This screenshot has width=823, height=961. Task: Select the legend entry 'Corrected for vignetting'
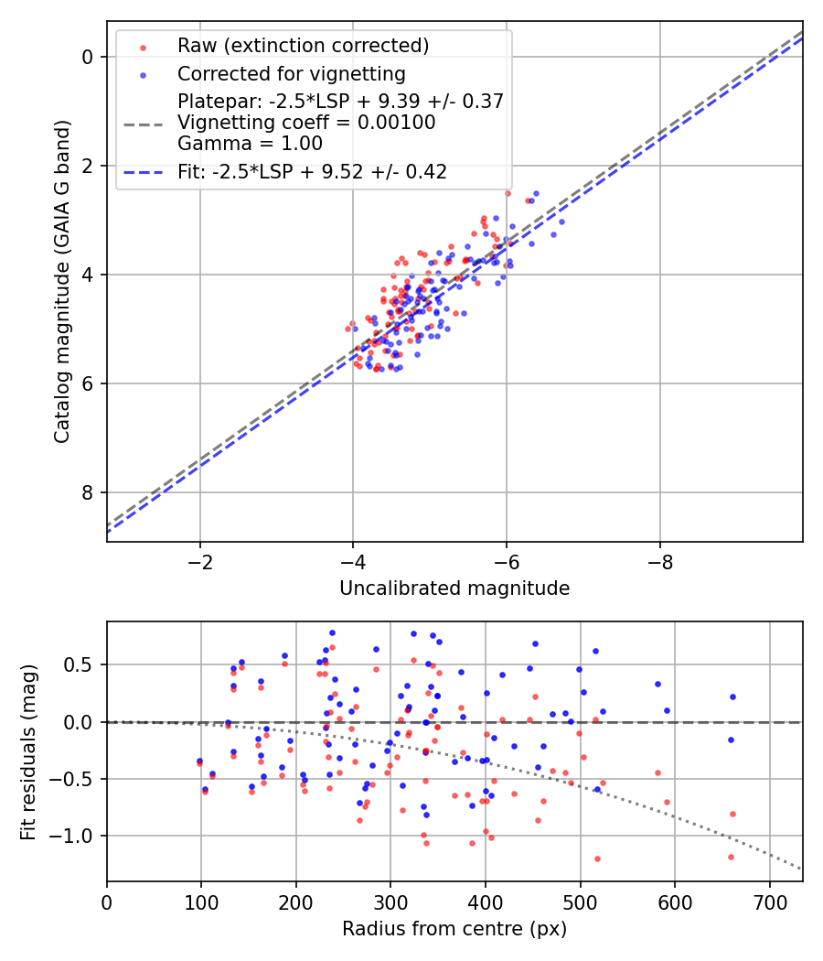[x=291, y=73]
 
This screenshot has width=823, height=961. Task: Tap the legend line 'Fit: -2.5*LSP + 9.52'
[x=311, y=171]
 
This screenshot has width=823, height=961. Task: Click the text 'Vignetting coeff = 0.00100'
[x=306, y=122]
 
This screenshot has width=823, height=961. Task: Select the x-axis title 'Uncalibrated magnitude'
[x=454, y=588]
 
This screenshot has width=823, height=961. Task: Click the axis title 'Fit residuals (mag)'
[x=28, y=751]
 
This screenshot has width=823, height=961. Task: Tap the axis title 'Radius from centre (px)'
[x=454, y=929]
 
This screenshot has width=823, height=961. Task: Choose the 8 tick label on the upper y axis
[x=89, y=492]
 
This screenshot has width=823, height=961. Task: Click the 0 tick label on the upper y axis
[x=89, y=57]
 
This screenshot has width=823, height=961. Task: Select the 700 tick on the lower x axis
[x=769, y=903]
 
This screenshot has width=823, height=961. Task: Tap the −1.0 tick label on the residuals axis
[x=75, y=836]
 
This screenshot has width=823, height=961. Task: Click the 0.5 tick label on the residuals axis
[x=80, y=664]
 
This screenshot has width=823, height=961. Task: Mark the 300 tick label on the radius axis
[x=390, y=903]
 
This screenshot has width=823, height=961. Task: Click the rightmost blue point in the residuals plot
[x=732, y=696]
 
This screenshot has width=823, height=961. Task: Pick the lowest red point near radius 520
[x=597, y=858]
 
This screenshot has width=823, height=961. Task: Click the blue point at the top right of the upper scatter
[x=536, y=193]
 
